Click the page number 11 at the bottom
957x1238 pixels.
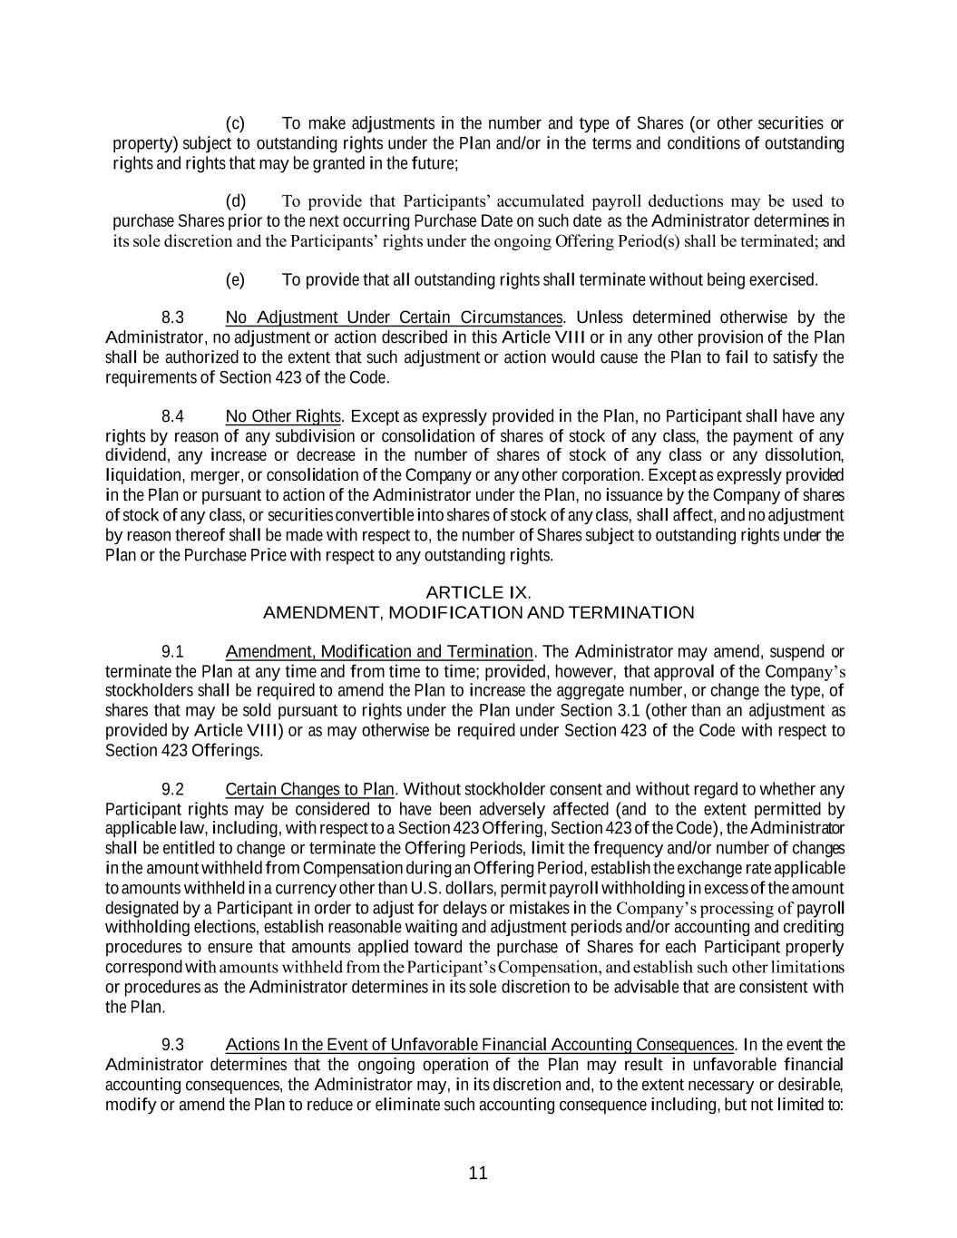[478, 1173]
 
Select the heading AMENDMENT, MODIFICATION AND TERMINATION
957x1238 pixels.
[478, 612]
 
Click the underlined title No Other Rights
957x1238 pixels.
[284, 416]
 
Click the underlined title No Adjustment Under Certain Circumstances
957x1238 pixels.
[394, 317]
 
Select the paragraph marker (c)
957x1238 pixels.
[235, 123]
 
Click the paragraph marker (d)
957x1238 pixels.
[235, 201]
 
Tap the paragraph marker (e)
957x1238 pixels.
[235, 279]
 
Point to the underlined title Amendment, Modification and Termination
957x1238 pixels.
[378, 652]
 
